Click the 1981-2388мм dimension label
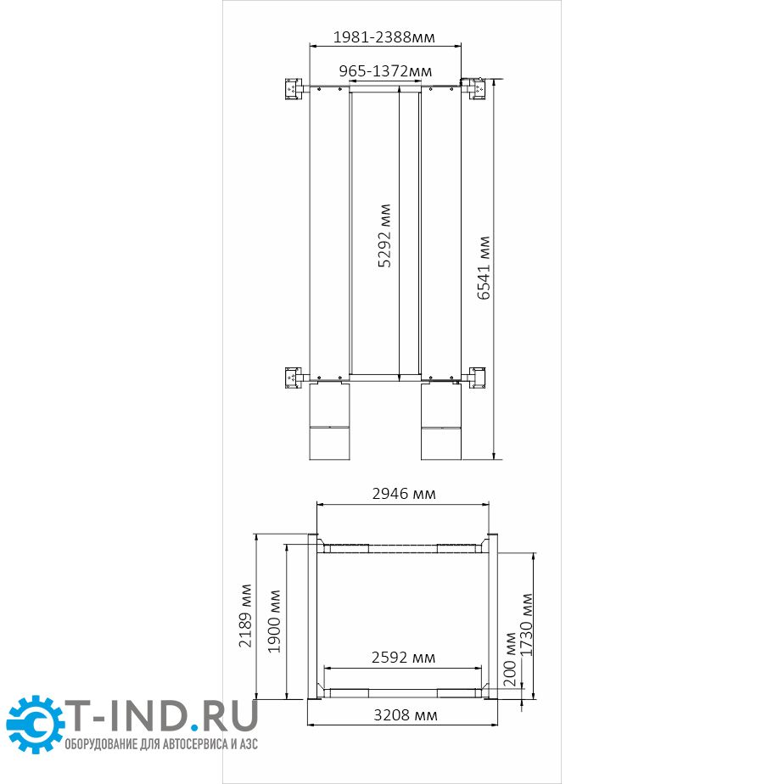pos(384,37)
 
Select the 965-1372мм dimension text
pos(385,71)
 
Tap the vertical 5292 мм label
pos(384,236)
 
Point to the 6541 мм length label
pos(484,267)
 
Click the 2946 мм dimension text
pos(404,494)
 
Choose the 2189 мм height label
pos(245,615)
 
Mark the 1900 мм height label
pos(274,621)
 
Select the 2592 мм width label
pos(403,657)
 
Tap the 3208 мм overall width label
pos(406,715)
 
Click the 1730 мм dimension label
pos(527,624)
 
